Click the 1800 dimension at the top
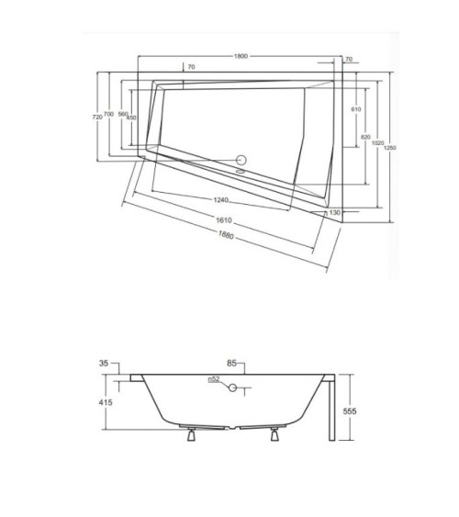click(241, 56)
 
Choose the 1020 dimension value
click(378, 144)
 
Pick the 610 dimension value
click(355, 109)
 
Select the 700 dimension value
click(109, 115)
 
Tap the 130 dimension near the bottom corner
click(335, 212)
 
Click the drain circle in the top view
click(242, 158)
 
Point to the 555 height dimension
click(350, 412)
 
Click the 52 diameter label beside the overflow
click(212, 379)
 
